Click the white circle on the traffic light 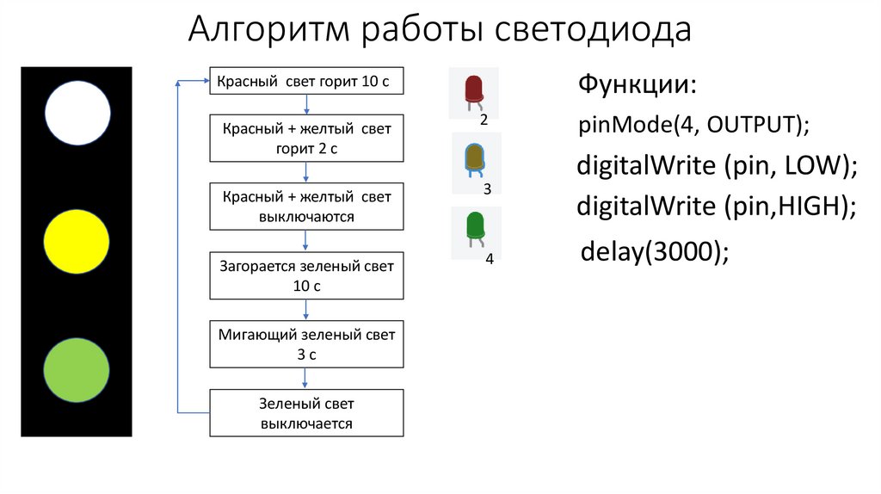point(77,112)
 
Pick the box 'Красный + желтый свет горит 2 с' point(307,138)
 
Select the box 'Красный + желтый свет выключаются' point(307,207)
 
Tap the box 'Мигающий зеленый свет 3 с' point(307,343)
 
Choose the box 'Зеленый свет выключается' point(307,412)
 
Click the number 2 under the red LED point(484,120)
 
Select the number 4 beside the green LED point(489,259)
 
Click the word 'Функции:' point(637,85)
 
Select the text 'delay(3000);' point(655,253)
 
